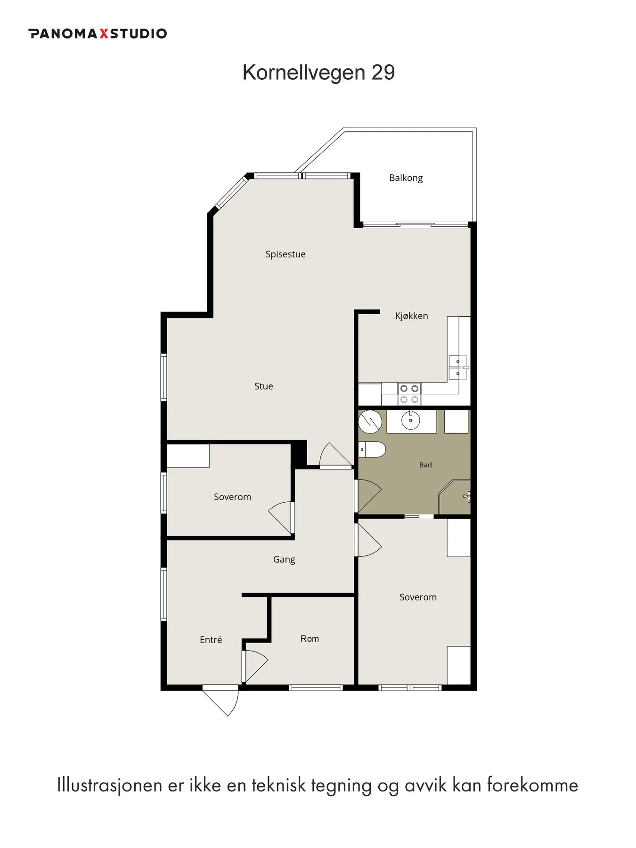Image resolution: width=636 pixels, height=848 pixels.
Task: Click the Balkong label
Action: click(406, 178)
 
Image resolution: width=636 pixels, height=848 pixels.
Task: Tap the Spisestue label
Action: click(285, 254)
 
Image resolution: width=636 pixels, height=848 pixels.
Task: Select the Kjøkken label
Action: click(411, 316)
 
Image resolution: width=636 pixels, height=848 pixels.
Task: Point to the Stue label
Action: click(263, 386)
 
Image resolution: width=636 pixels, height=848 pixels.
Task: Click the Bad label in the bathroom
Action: click(425, 465)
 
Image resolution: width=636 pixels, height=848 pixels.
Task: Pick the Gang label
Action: click(284, 560)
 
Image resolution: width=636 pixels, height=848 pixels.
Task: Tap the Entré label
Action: click(211, 639)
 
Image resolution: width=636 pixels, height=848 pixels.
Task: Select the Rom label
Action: click(310, 639)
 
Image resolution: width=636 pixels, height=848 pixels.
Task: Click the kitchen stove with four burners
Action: click(409, 394)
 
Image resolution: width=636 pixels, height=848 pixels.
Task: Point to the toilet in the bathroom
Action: click(372, 449)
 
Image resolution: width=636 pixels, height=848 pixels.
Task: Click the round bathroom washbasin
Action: click(411, 420)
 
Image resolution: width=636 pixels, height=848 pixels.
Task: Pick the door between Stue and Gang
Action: click(336, 455)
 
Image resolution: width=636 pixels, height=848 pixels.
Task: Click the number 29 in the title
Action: click(383, 73)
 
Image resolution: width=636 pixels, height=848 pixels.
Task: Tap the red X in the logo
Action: click(104, 33)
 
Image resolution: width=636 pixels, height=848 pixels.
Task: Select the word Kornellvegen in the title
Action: click(304, 73)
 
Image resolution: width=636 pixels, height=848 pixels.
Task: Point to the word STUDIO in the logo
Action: click(139, 33)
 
